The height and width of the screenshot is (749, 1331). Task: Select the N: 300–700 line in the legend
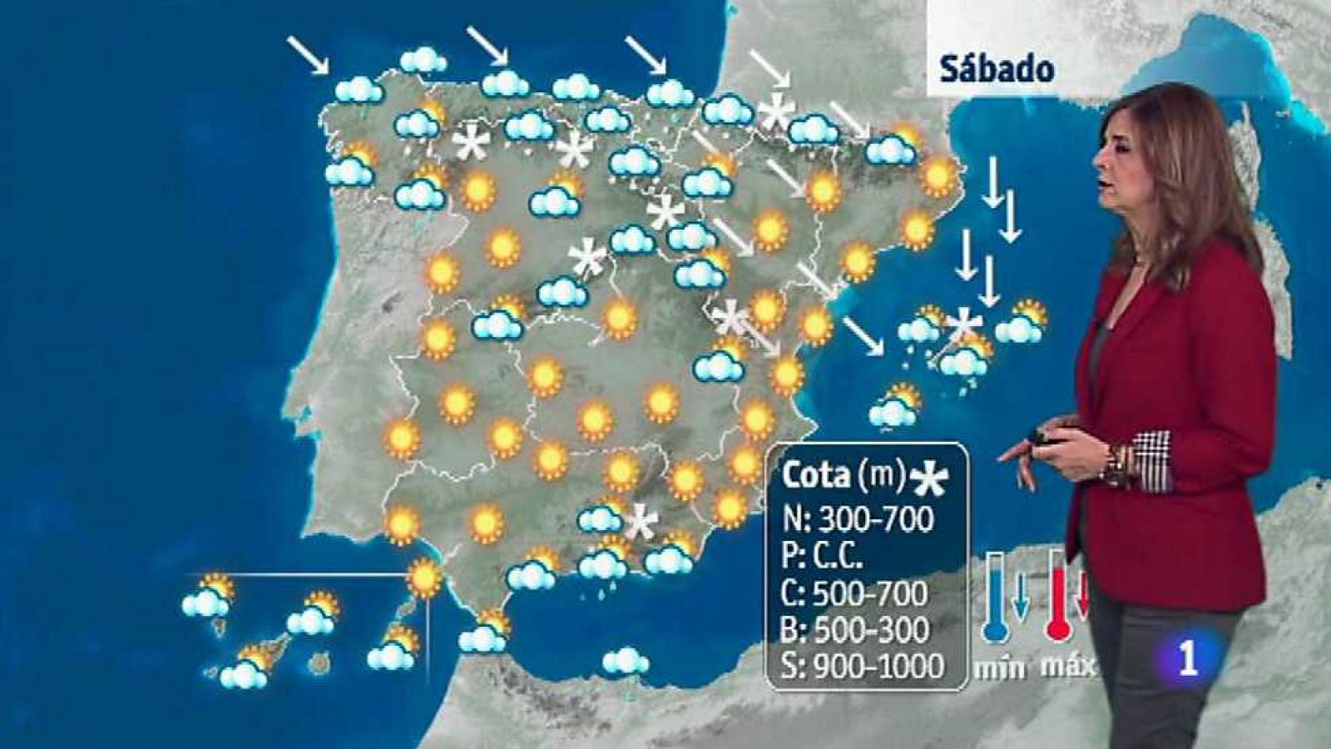coord(858,519)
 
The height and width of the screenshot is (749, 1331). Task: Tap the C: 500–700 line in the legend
coord(854,593)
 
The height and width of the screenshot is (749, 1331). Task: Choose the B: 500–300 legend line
coord(856,630)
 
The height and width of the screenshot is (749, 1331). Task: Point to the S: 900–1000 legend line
coord(863,666)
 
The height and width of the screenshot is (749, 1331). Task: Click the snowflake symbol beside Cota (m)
coord(929,477)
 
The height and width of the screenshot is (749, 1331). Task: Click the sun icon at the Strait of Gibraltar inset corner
coord(425,578)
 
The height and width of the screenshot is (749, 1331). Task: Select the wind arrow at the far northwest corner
coord(308,55)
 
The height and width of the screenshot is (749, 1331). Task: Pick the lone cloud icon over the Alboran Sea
coord(626,662)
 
